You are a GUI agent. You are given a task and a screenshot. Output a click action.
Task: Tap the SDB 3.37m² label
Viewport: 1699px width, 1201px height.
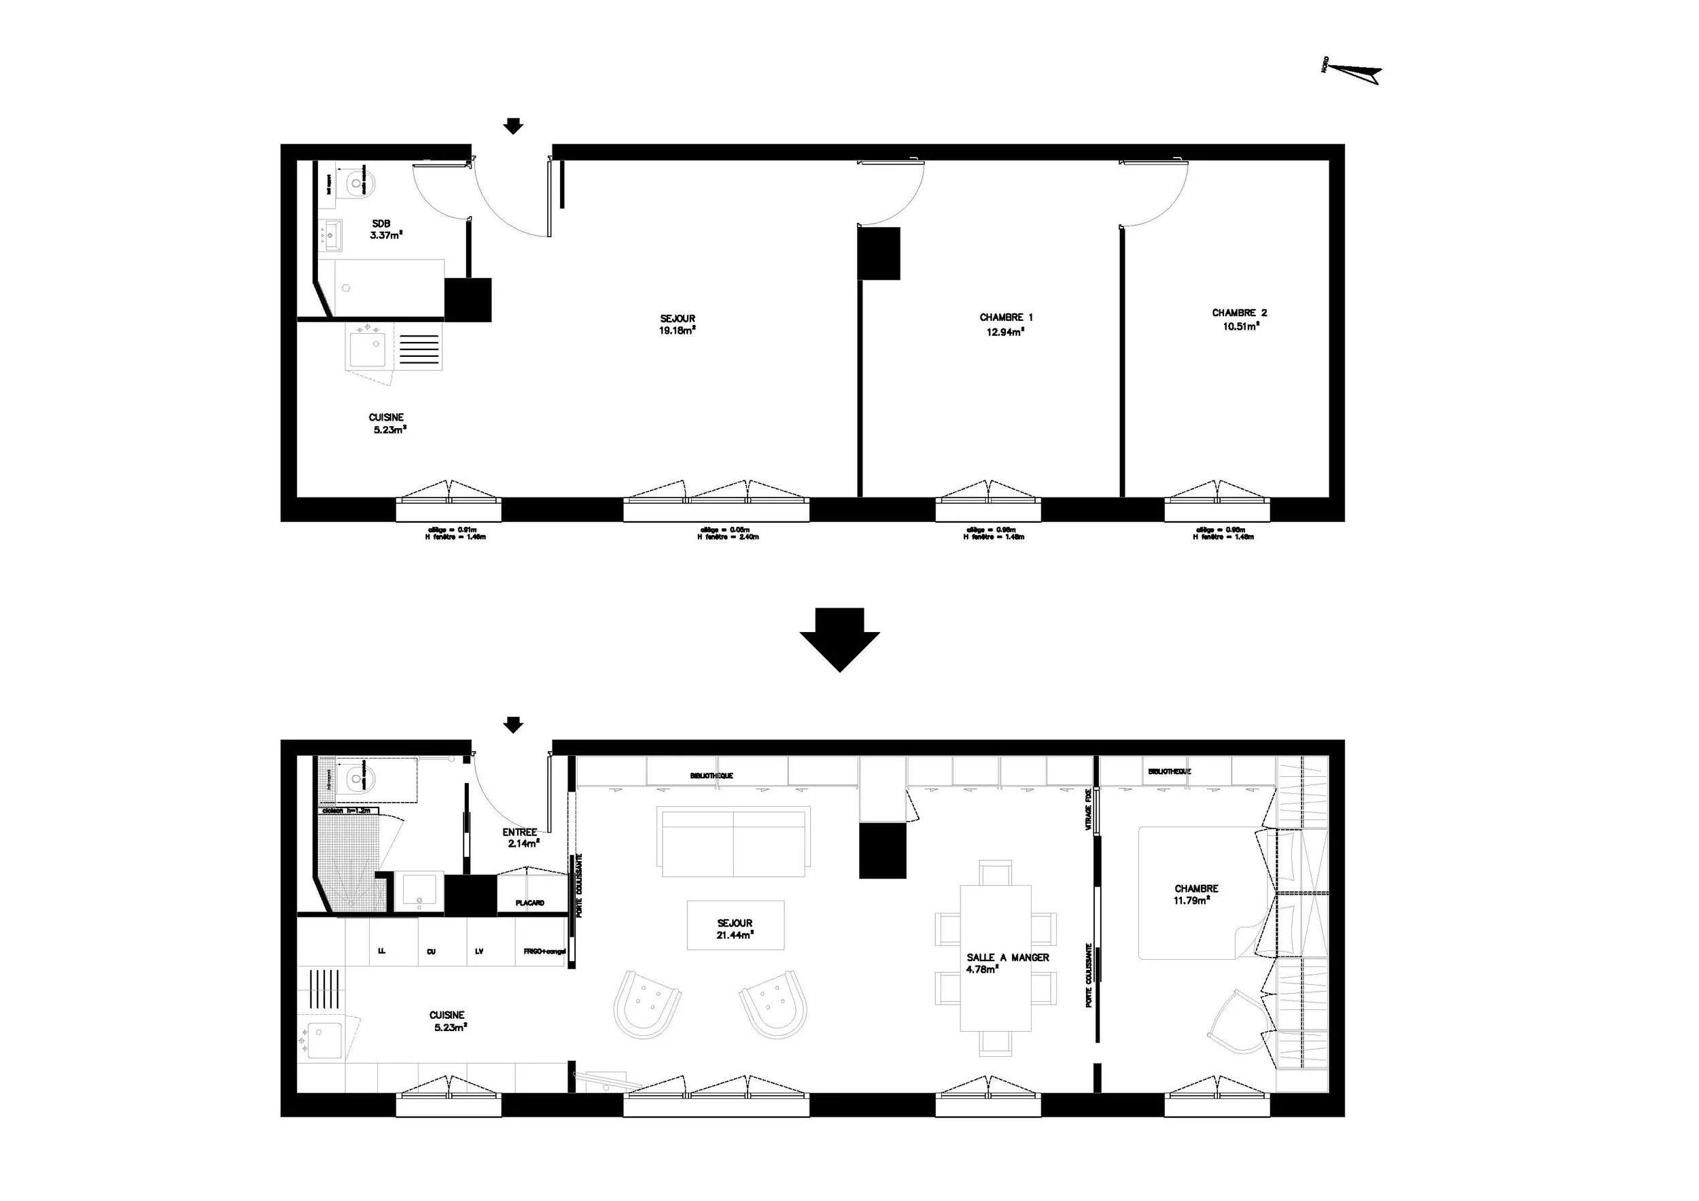point(384,230)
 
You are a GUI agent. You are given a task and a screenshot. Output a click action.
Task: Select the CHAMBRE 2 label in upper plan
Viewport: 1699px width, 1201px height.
point(1239,319)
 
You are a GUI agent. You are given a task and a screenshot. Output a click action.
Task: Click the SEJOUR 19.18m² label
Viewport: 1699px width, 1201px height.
point(677,325)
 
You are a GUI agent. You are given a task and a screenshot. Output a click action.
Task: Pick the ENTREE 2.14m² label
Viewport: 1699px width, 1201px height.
point(519,837)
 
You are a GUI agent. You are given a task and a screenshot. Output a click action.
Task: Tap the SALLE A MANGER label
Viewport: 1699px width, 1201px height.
point(1007,958)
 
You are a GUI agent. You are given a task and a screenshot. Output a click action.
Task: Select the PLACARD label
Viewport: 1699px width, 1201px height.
point(530,903)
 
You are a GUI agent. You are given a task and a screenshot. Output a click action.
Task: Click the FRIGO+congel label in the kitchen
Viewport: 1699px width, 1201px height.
point(544,952)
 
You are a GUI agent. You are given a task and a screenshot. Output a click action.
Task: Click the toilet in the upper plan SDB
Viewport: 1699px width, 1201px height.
point(358,181)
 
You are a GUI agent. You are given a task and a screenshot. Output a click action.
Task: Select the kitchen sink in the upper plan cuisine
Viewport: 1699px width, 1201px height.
point(368,350)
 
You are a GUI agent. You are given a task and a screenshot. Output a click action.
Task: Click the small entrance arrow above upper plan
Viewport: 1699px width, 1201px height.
point(513,126)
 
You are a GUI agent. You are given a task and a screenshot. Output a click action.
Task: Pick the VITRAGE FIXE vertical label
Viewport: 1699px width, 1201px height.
point(1089,809)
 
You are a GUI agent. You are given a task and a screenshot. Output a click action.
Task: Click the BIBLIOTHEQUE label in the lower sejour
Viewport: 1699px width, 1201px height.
point(711,776)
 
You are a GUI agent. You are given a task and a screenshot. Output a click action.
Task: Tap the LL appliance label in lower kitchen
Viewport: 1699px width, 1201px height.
point(382,952)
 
